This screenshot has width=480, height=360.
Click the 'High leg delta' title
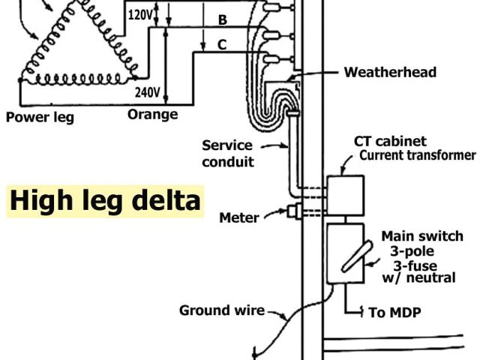[105, 201]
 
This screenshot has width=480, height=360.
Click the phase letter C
[222, 45]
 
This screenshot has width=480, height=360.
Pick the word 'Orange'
[153, 115]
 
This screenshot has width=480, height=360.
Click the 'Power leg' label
[40, 117]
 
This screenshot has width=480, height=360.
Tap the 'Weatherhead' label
[390, 73]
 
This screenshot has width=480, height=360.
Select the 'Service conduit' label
[228, 153]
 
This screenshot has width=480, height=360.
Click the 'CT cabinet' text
[390, 142]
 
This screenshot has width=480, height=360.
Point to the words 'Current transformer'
[418, 156]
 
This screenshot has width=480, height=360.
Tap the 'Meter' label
[239, 218]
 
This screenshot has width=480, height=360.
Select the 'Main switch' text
[422, 236]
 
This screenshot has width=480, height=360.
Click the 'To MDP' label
[396, 312]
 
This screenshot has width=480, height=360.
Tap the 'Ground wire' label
[222, 310]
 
